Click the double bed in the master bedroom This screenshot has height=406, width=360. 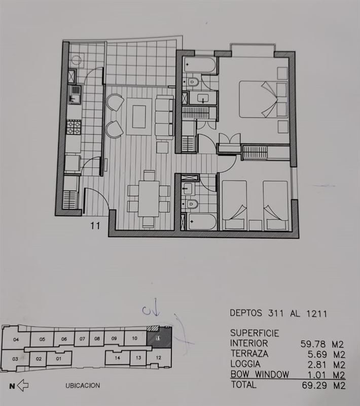263,99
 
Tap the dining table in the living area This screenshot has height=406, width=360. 149,198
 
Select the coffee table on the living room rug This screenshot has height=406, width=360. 139,117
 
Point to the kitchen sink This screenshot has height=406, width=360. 75,95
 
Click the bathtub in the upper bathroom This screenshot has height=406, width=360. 200,65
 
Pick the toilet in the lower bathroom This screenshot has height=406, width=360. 191,205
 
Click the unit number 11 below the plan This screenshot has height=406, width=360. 95,226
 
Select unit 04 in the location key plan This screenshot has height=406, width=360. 16,339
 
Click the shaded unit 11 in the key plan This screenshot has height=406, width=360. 159,337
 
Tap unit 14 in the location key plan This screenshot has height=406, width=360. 118,358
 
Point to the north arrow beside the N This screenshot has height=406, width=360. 23,386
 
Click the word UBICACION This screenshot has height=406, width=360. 83,386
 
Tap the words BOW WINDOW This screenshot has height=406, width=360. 260,375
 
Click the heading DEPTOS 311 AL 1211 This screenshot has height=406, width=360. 278,314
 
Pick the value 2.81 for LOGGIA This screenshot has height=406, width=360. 317,365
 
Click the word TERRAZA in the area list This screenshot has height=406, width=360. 249,354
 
